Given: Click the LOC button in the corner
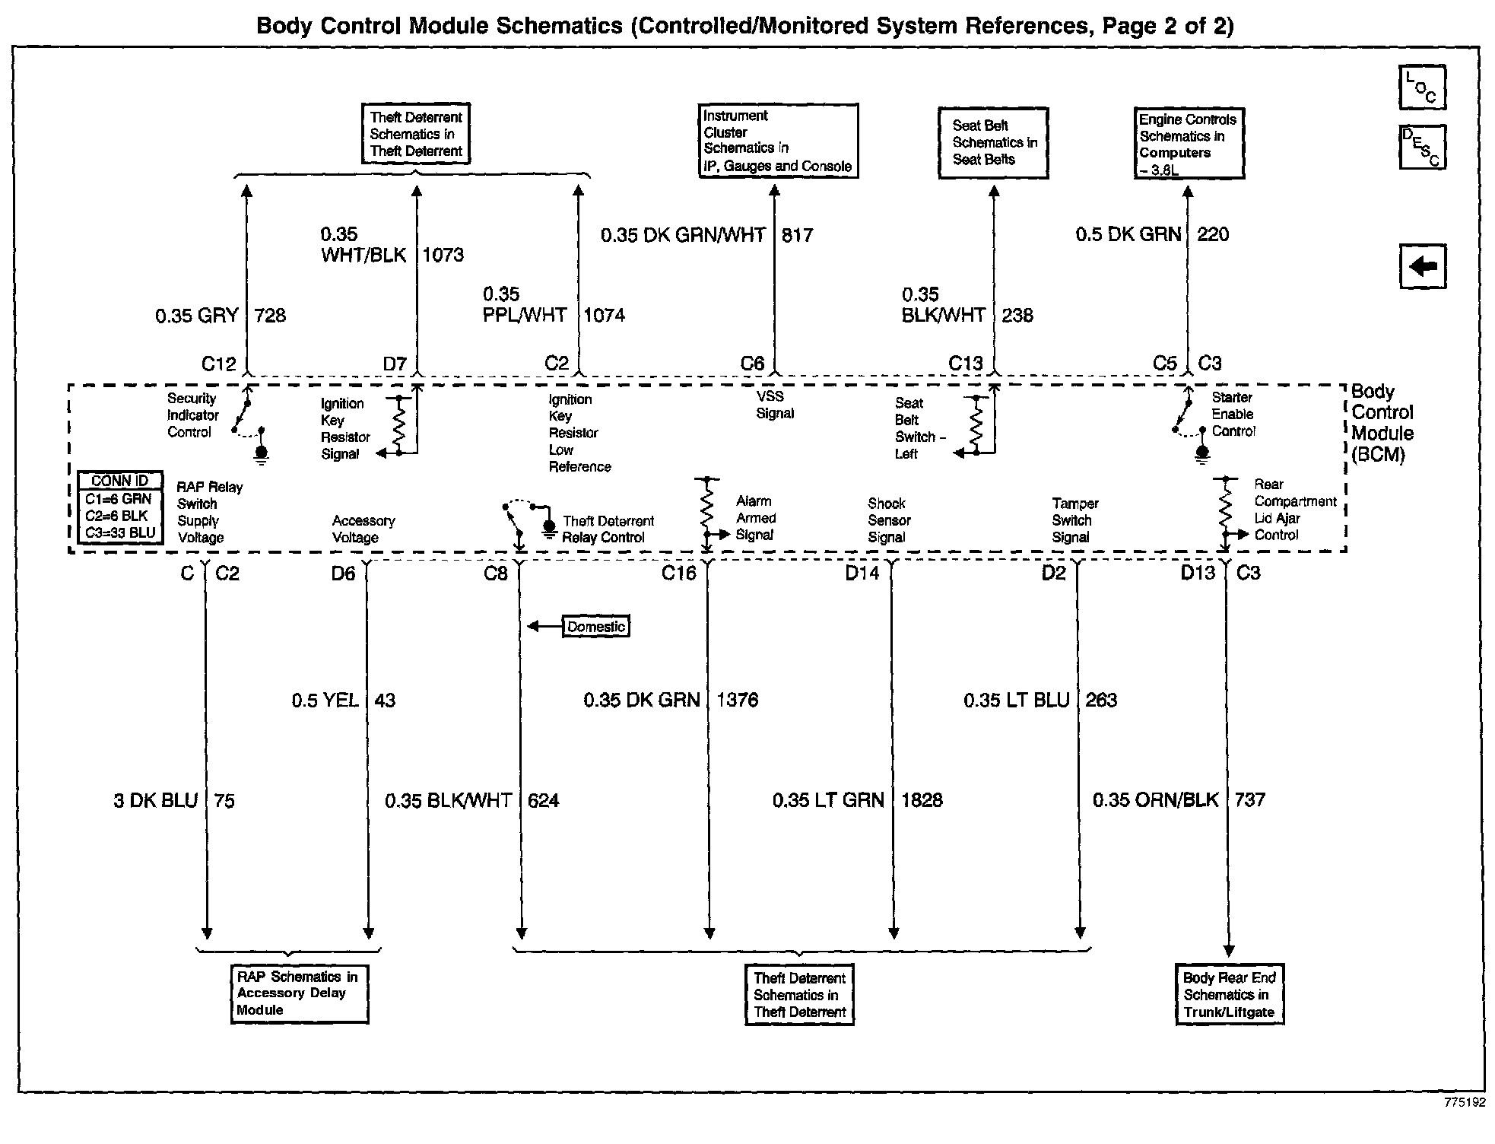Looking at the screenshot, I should (1422, 87).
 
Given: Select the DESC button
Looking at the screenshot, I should (1422, 147).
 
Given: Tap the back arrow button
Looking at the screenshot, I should (1422, 266).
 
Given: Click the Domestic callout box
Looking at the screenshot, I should (596, 627).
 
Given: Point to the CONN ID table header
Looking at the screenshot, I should (120, 481).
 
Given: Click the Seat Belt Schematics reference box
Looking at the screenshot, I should (993, 143).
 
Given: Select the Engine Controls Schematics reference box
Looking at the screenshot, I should (1189, 144).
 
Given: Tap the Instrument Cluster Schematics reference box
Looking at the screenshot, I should (778, 141).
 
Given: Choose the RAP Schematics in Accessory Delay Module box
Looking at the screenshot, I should (299, 994).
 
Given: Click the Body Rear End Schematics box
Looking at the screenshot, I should (1229, 996).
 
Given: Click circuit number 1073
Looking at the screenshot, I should (443, 255).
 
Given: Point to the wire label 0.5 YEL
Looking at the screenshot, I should (325, 701).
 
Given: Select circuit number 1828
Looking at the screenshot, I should (922, 800).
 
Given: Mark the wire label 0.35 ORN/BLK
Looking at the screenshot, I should (1155, 800).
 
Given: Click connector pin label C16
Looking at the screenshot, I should (678, 574).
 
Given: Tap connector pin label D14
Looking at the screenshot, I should (862, 574).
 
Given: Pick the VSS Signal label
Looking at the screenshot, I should (774, 405).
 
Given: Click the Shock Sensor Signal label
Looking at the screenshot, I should (889, 520).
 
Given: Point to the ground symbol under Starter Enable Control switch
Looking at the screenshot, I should (1202, 455).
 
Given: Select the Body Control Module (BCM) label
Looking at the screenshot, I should (1381, 424).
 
